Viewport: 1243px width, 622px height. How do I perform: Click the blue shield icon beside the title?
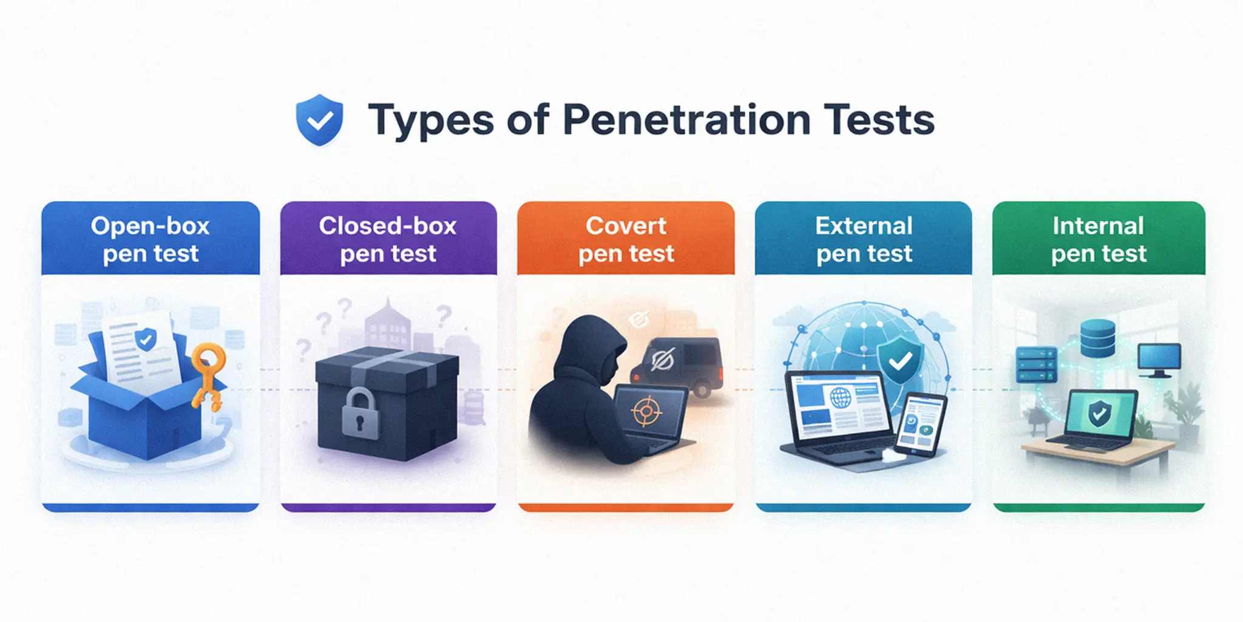pyautogui.click(x=319, y=120)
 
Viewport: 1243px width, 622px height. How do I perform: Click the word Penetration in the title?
pyautogui.click(x=686, y=120)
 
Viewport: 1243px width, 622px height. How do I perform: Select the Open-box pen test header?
pyautogui.click(x=151, y=239)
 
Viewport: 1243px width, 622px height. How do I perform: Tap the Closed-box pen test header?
pyautogui.click(x=388, y=239)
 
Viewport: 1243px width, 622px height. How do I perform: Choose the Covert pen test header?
pyautogui.click(x=626, y=239)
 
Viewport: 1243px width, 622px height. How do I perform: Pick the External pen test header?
pyautogui.click(x=864, y=239)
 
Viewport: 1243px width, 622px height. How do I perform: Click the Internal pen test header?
pyautogui.click(x=1099, y=239)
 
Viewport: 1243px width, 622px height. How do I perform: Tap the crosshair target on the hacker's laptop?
pyautogui.click(x=646, y=412)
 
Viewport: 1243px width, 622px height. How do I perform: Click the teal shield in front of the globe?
pyautogui.click(x=900, y=361)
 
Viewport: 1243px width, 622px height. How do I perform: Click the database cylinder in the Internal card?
pyautogui.click(x=1097, y=338)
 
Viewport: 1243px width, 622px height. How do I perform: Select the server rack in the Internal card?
pyautogui.click(x=1036, y=364)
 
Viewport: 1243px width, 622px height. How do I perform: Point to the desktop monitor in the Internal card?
pyautogui.click(x=1159, y=359)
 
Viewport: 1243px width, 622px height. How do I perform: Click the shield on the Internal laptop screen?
pyautogui.click(x=1099, y=414)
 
